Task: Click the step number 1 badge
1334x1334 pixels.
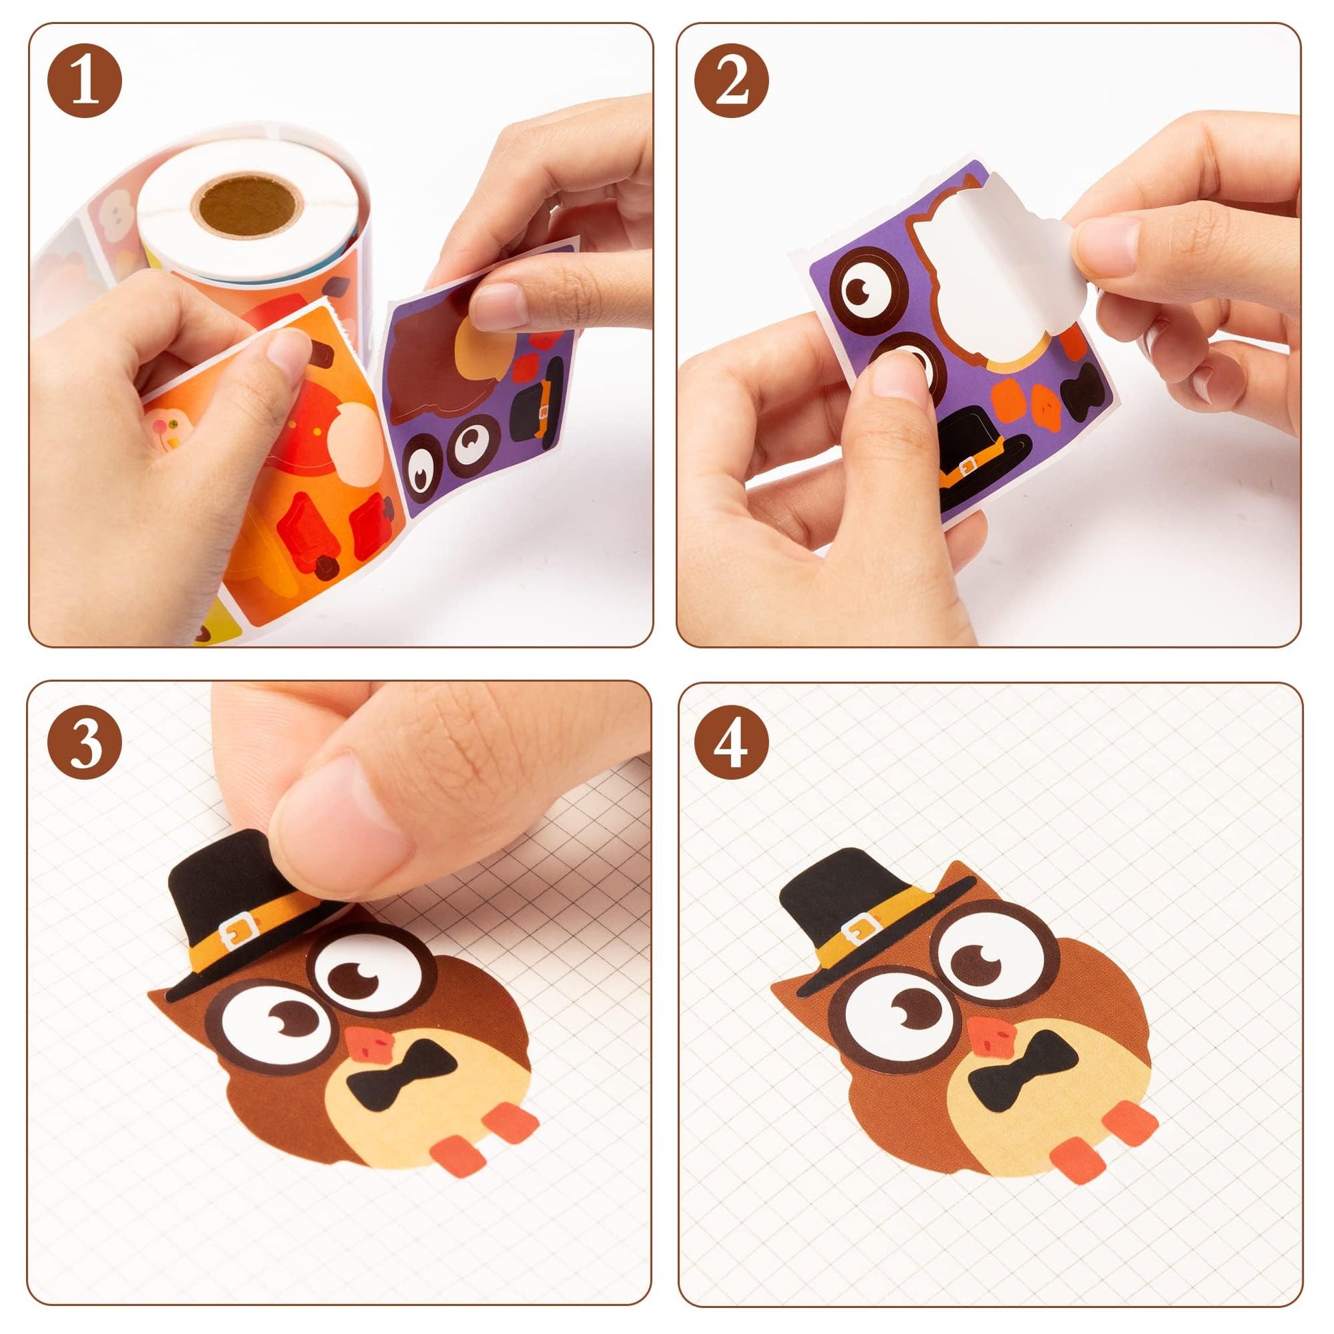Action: click(x=84, y=81)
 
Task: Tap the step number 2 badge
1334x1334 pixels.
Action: click(x=732, y=81)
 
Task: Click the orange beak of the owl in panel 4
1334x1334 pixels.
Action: click(x=995, y=1043)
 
